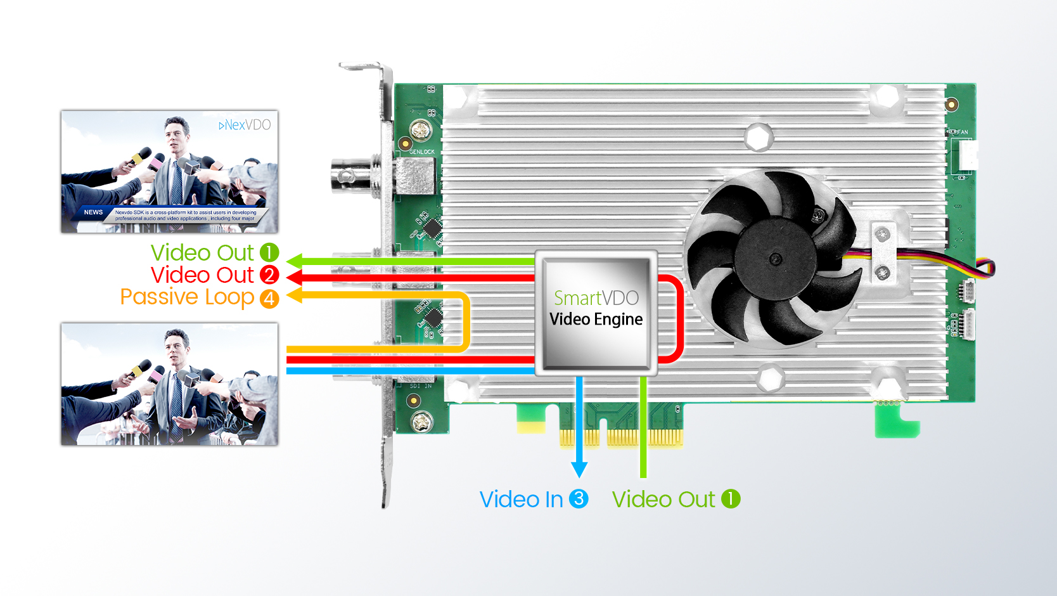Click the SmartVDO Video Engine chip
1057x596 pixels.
point(596,312)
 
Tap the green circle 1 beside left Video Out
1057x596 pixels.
point(269,252)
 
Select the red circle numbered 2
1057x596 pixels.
point(269,275)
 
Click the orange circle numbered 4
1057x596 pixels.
point(269,298)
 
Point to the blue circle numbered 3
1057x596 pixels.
point(578,499)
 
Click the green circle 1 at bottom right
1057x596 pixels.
point(730,499)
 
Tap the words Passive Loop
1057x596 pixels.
point(187,297)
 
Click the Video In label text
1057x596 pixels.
point(521,500)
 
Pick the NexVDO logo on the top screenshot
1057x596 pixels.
point(245,125)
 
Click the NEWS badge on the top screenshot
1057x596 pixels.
point(93,212)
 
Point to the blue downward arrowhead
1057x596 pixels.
point(579,469)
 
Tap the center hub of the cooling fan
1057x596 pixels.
point(775,258)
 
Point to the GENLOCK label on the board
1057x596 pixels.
point(421,152)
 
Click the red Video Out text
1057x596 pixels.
point(202,275)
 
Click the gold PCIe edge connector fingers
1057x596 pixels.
point(621,437)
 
